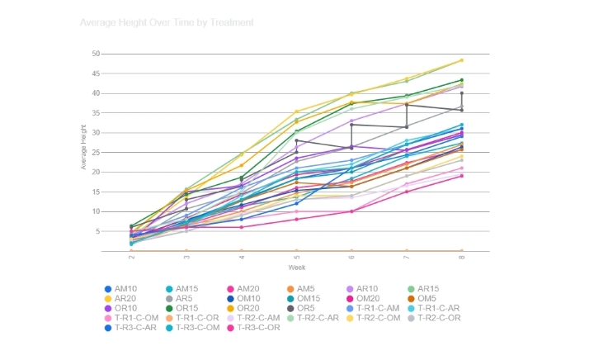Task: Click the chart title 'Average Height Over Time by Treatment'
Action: coord(166,22)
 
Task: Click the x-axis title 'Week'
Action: coord(296,268)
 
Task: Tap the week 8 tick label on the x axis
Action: coord(461,258)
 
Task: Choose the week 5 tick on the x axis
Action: coord(296,258)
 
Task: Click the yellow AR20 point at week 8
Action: coord(461,60)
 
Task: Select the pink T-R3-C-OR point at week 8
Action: coord(461,176)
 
